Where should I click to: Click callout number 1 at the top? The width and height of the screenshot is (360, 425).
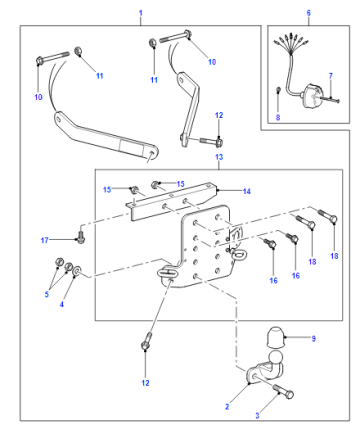[x=141, y=13]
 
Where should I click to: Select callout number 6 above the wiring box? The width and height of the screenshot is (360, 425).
[x=309, y=13]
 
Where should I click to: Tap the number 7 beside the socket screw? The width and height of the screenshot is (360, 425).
[x=331, y=76]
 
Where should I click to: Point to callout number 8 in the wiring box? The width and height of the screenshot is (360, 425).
[x=278, y=117]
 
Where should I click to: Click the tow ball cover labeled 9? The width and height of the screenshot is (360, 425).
[x=275, y=337]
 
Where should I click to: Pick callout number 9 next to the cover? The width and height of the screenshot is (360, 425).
[x=313, y=339]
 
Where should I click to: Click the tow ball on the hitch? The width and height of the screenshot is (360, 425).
[x=275, y=358]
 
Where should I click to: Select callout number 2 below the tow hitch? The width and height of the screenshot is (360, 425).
[x=227, y=407]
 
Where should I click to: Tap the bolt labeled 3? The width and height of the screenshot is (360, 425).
[x=283, y=392]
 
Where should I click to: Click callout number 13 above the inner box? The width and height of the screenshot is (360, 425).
[x=219, y=157]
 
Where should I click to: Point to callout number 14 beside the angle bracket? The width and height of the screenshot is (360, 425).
[x=247, y=191]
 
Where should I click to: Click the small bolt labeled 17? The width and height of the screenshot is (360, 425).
[x=81, y=237]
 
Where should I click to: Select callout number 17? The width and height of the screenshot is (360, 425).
[x=45, y=240]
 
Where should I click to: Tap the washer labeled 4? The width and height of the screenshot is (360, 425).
[x=77, y=270]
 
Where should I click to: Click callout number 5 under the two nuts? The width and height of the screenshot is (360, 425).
[x=47, y=294]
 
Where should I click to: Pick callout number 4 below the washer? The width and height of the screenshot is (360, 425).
[x=62, y=304]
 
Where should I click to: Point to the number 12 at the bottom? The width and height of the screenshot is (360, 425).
[x=145, y=383]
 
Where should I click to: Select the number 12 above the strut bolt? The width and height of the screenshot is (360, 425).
[x=219, y=115]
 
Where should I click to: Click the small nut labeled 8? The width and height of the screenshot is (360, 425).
[x=279, y=89]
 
